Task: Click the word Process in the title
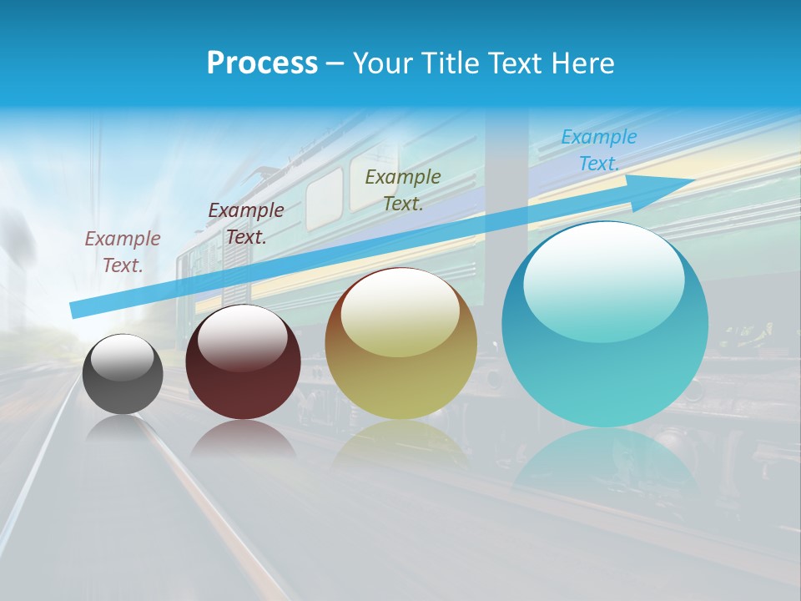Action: (262, 63)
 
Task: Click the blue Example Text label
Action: (598, 150)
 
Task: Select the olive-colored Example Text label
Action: (403, 189)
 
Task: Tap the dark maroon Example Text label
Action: (246, 224)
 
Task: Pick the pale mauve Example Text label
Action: (123, 252)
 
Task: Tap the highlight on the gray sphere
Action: (123, 357)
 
